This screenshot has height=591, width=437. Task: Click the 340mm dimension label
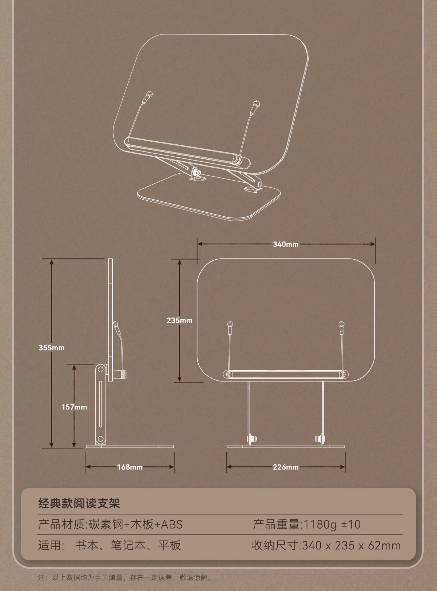286,244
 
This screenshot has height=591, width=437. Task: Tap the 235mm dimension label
179,320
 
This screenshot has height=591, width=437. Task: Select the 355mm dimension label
52,348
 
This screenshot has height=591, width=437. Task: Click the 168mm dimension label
130,467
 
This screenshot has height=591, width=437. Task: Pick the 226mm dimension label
286,467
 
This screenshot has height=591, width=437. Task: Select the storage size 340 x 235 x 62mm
351,545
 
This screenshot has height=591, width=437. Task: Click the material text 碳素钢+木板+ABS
136,524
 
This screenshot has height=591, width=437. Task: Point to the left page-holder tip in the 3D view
149,94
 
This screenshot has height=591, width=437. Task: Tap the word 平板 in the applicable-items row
170,545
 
